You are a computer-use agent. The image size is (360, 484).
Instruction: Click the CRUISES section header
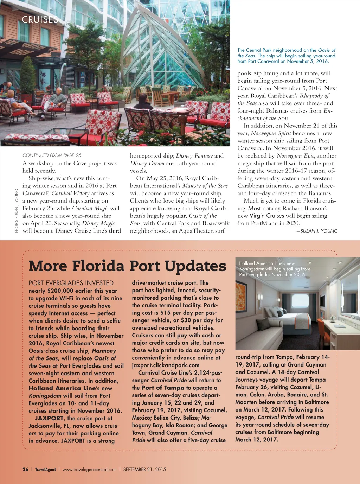(x=40, y=19)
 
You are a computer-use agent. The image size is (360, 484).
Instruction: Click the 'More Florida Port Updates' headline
(x=127, y=266)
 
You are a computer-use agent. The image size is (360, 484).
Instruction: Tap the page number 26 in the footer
(x=25, y=469)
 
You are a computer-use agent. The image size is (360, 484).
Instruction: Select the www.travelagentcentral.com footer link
(x=89, y=469)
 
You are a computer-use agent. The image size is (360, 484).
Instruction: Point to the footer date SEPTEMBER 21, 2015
(x=144, y=469)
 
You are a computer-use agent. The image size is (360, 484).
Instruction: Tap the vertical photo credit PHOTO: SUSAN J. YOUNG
(x=17, y=210)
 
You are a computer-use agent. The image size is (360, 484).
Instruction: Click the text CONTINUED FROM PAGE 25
(x=52, y=155)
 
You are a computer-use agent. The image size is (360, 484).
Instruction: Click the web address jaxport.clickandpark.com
(x=166, y=365)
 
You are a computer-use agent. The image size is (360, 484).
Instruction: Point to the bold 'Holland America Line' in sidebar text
(x=62, y=388)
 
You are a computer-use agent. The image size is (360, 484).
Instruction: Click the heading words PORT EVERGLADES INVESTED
(x=71, y=283)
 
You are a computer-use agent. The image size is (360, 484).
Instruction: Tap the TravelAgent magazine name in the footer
(x=45, y=469)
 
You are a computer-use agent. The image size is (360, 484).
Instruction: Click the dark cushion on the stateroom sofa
(x=263, y=323)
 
